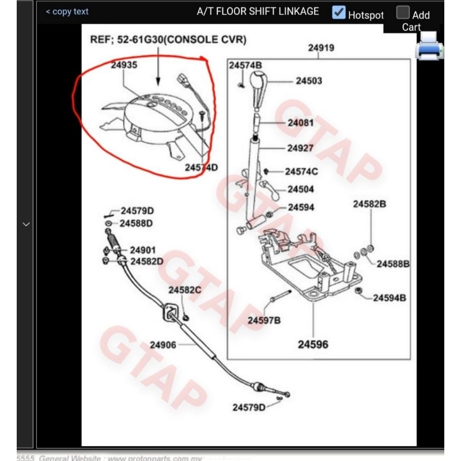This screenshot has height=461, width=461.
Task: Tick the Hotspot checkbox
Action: pos(339,12)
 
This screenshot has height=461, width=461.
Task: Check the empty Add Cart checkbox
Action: pos(403,12)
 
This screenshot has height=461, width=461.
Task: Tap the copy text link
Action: pos(67,12)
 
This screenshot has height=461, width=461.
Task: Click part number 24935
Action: pos(124,66)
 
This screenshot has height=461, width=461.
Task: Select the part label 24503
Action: pos(309,81)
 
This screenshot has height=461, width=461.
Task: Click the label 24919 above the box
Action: pos(321,48)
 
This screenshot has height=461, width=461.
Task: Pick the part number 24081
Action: pos(301,123)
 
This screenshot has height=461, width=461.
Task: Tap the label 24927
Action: pos(300,148)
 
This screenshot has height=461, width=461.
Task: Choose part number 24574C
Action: pos(301,171)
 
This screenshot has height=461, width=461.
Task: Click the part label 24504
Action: pos(301,189)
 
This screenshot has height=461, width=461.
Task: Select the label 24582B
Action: pos(369,204)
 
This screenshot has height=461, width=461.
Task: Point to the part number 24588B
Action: pos(393,264)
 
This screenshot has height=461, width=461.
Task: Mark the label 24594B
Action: pos(390,298)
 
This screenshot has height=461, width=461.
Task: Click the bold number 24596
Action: pos(313,345)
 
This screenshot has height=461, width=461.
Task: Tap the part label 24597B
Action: pos(264,320)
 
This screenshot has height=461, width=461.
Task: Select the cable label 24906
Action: pos(163,345)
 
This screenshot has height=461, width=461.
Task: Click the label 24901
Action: pos(143,250)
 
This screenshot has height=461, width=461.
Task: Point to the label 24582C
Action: pos(184,290)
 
